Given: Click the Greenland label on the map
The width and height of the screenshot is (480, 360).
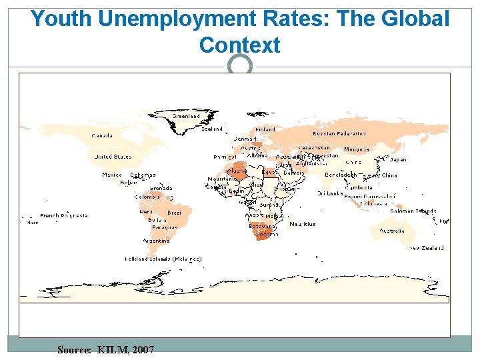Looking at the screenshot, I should (186, 116).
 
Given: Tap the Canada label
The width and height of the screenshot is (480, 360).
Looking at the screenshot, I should (102, 135).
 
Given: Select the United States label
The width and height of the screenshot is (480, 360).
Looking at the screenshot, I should (113, 157).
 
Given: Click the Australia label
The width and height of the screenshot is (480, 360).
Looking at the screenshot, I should (391, 231).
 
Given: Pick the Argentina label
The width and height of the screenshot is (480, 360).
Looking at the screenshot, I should (155, 240).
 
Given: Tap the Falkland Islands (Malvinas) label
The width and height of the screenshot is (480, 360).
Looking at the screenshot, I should (163, 259).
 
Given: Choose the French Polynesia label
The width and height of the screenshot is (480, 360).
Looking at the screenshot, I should (64, 216).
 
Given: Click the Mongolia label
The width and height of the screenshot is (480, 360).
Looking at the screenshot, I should (357, 149).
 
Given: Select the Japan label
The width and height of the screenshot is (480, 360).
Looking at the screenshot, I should (397, 160).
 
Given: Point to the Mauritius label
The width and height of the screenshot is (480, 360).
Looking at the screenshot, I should (303, 225).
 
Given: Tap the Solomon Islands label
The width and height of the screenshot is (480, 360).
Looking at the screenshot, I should (413, 211).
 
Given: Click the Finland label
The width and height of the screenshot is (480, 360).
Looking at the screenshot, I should (265, 130).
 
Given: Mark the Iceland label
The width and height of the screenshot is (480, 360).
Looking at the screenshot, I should (212, 129).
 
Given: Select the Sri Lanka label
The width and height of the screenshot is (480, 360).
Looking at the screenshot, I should (330, 194).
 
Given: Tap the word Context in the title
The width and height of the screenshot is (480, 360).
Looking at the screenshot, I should (239, 45).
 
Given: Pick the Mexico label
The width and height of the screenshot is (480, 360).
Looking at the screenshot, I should (112, 175).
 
